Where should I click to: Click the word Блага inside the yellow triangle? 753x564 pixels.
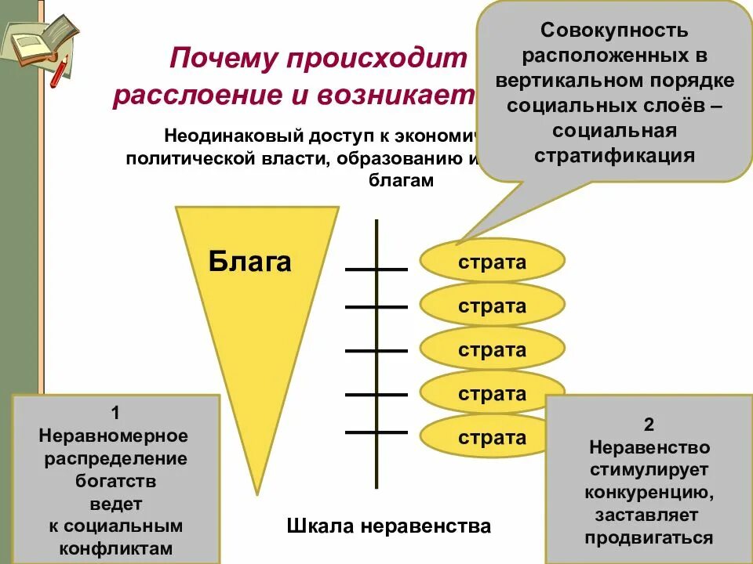[x=250, y=261]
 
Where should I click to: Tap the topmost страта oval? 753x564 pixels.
[x=493, y=261]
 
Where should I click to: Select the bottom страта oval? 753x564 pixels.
[x=493, y=437]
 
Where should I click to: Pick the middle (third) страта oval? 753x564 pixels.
[x=493, y=349]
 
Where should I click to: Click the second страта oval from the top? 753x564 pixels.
[x=493, y=305]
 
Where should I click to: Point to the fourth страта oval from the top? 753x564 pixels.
[x=493, y=393]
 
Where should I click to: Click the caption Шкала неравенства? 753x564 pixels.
[x=388, y=526]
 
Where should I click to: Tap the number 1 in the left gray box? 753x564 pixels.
[x=115, y=413]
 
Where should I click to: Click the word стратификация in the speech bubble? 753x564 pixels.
[x=614, y=154]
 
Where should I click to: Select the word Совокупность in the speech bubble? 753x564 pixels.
[x=614, y=31]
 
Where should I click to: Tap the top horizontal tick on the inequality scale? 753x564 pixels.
[x=376, y=269]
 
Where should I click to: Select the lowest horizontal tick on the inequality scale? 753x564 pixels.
[x=376, y=432]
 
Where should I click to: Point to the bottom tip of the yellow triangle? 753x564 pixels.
[x=257, y=493]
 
